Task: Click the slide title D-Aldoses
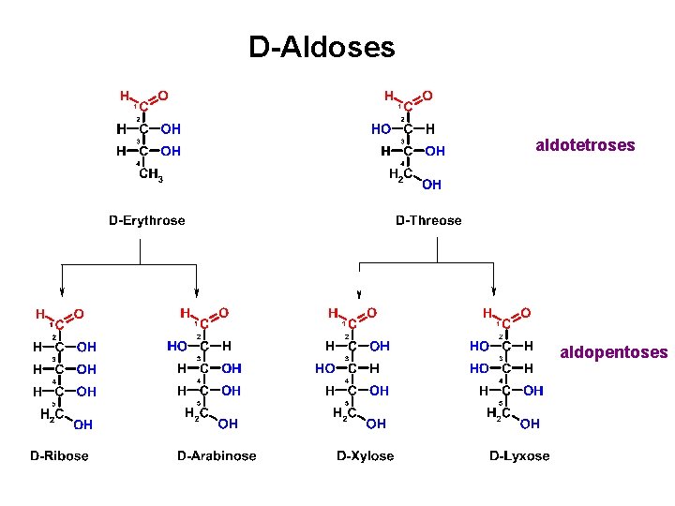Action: click(x=322, y=47)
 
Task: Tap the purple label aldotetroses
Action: click(x=584, y=145)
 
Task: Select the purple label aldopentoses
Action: click(x=613, y=352)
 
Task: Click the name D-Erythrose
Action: click(x=147, y=221)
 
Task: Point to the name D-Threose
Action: click(x=428, y=221)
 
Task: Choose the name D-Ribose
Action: click(x=59, y=456)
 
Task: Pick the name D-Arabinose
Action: click(x=217, y=456)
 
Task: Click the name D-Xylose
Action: click(x=365, y=456)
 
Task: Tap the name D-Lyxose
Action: click(x=519, y=456)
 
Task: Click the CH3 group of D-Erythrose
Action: click(x=149, y=173)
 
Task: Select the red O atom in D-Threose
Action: click(x=427, y=96)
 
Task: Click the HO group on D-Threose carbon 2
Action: click(x=381, y=128)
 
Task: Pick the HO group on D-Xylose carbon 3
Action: click(x=325, y=368)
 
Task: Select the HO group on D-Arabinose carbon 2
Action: click(x=178, y=346)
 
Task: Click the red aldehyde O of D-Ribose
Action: click(x=79, y=313)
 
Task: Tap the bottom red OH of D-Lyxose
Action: click(x=530, y=424)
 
